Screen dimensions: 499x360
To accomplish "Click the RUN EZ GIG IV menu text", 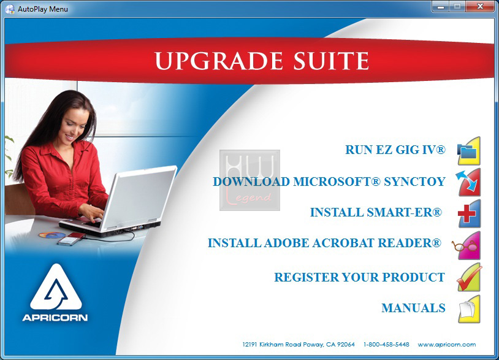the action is (395, 150).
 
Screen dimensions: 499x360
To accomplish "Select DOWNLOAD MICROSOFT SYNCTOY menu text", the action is (329, 182).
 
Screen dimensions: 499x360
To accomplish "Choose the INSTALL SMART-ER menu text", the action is (376, 212).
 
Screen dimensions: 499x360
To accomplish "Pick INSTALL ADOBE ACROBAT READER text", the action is (325, 243).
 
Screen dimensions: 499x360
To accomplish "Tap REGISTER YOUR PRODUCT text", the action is (360, 277).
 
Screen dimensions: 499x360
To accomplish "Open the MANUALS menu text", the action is (413, 308).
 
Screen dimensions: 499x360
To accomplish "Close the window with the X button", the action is (480, 6).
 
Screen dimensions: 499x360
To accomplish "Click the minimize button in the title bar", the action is (441, 6).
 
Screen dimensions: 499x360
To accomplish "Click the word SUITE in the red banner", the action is (331, 61).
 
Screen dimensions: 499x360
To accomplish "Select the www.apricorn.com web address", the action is (447, 345).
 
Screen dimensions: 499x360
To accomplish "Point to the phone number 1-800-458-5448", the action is (386, 345).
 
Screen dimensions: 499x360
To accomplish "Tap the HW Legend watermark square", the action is (250, 180).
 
